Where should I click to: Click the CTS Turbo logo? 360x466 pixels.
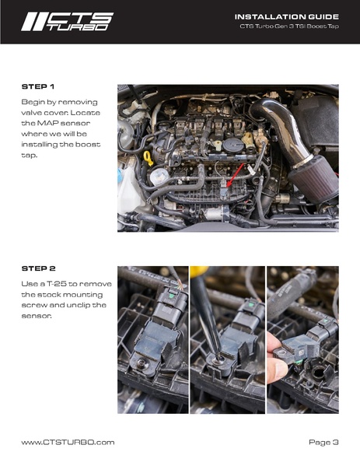[67, 21]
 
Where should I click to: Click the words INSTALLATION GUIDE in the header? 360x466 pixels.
[286, 16]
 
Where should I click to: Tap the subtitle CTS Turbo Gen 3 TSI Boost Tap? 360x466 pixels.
[289, 27]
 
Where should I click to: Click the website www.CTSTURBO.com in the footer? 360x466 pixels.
[68, 442]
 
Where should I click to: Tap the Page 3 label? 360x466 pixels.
[323, 442]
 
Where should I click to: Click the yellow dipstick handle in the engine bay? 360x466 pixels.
[147, 158]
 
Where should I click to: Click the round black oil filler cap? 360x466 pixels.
[232, 145]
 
